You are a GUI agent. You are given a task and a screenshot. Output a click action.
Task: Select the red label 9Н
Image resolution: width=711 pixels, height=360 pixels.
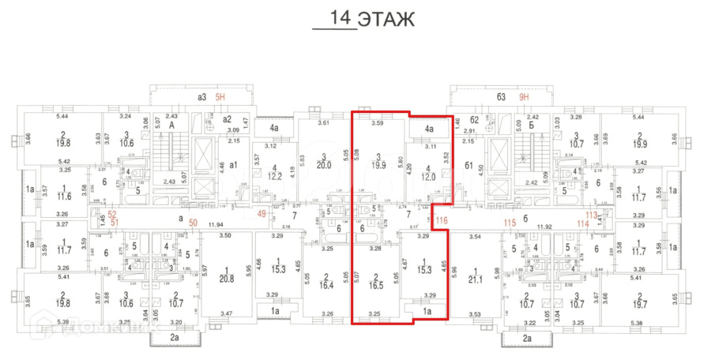(x=524, y=98)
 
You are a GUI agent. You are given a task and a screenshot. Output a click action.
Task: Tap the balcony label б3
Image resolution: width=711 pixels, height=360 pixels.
(x=501, y=98)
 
